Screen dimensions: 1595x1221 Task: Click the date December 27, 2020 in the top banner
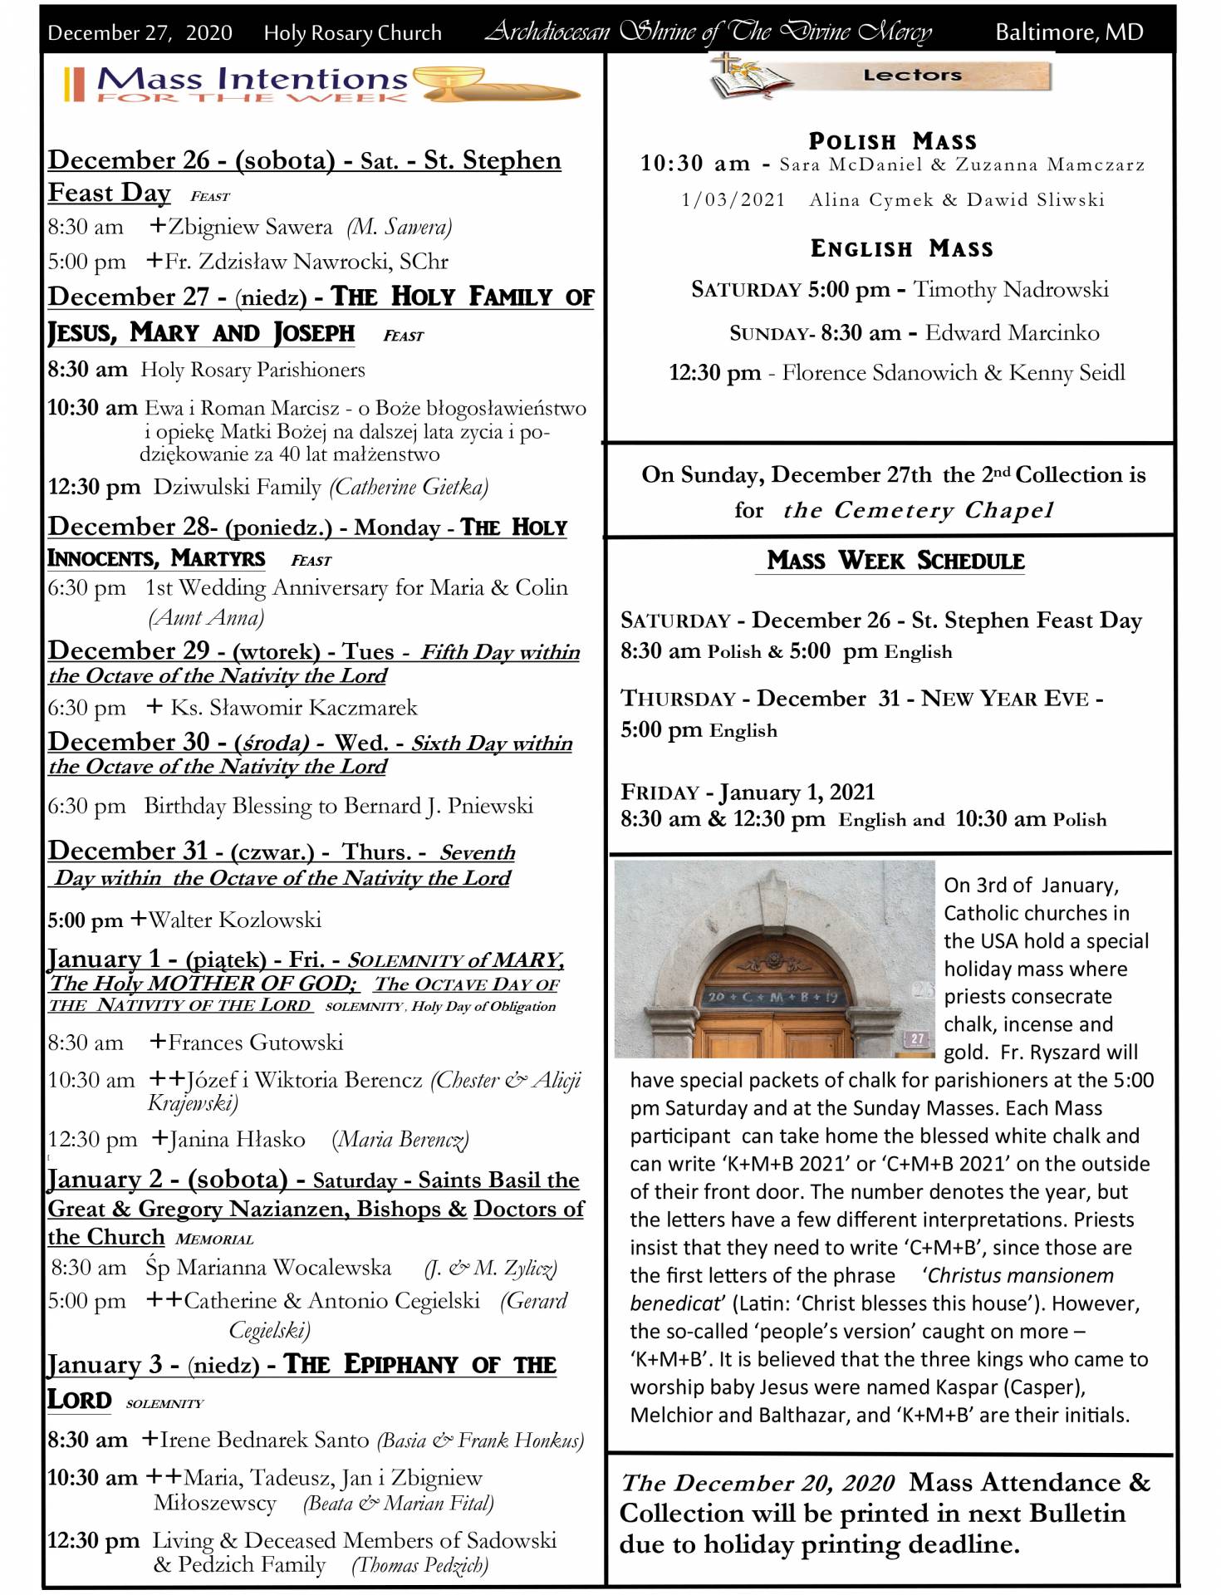coord(140,33)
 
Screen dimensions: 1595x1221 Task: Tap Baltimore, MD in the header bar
coord(1069,32)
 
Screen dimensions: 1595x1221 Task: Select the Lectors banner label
coord(912,76)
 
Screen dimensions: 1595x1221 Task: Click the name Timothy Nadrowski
coord(1011,289)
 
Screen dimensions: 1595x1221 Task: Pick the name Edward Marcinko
coord(1012,333)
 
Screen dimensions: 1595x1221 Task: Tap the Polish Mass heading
coord(892,141)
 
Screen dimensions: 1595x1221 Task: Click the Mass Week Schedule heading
coord(895,561)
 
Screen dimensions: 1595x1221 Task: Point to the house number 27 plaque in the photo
coord(917,1038)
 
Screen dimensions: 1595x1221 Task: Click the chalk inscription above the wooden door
coord(772,996)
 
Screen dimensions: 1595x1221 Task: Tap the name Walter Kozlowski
coord(235,920)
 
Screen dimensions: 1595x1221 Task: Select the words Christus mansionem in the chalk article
coord(1019,1275)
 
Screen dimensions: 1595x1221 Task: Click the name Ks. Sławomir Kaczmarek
coord(294,708)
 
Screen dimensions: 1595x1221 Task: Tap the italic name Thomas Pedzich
coord(420,1565)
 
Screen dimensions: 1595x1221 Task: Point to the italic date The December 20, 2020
coord(758,1483)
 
